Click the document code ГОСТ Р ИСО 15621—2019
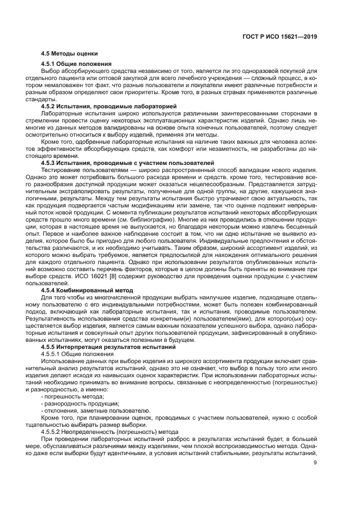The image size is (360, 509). (x=280, y=37)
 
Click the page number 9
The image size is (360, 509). (x=314, y=463)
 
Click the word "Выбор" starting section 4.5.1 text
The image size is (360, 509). (x=50, y=71)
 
